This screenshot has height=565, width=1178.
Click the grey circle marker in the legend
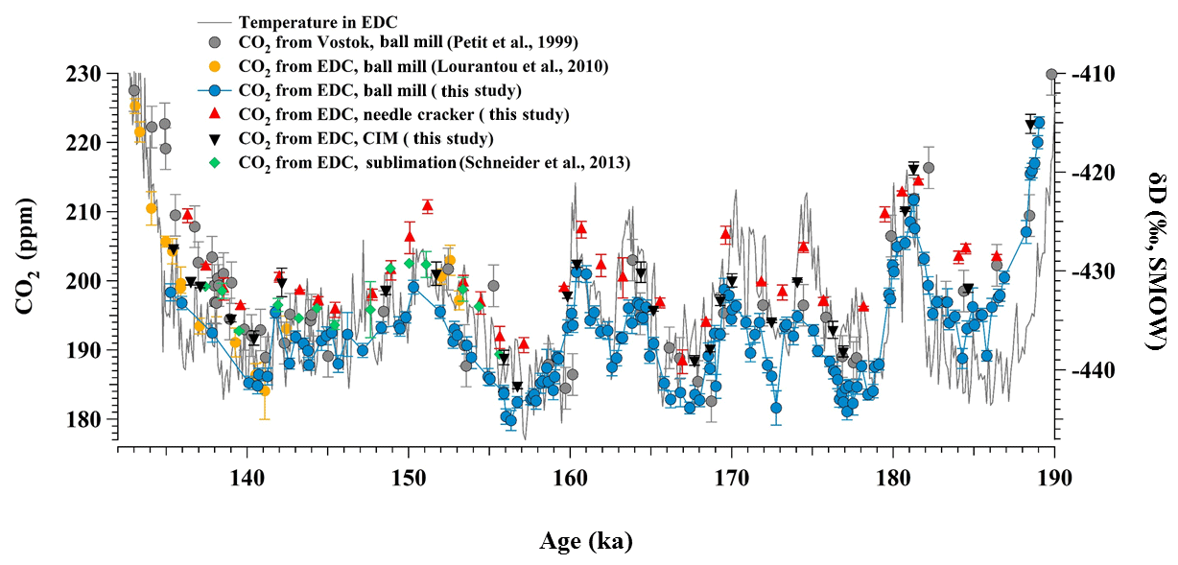point(215,42)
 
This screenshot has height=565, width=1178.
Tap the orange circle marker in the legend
point(215,66)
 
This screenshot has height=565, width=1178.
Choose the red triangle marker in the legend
point(215,114)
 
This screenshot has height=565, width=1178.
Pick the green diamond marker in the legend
point(215,163)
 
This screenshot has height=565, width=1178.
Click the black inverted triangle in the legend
point(215,139)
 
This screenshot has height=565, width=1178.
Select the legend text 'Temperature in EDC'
point(318,21)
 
